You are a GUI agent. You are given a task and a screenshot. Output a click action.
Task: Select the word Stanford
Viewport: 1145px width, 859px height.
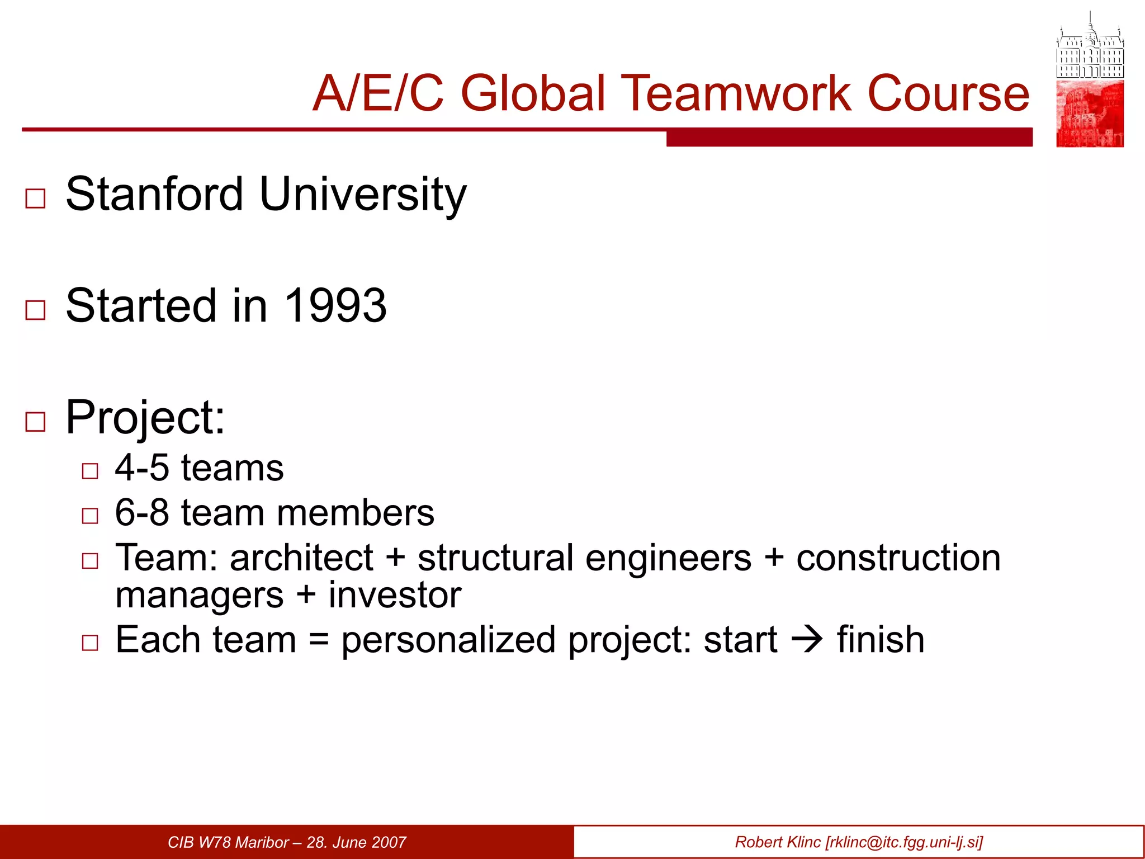click(x=154, y=194)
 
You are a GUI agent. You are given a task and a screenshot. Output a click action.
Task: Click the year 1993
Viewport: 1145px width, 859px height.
click(x=335, y=305)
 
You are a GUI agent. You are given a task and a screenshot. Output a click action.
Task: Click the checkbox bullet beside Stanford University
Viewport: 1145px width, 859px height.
click(x=35, y=199)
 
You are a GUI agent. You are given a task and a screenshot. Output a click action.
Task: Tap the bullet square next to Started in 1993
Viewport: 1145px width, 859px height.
click(x=35, y=310)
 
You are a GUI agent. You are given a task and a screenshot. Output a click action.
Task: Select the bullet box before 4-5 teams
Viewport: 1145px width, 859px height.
click(x=89, y=471)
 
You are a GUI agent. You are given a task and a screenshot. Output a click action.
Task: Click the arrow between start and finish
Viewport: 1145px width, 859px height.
click(x=807, y=639)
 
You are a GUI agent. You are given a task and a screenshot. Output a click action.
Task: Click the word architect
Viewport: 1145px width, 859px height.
click(x=301, y=558)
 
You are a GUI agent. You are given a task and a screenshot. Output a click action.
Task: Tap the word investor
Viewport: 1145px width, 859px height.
click(x=395, y=594)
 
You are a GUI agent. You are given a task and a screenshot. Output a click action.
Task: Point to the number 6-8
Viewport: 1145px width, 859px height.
click(x=141, y=512)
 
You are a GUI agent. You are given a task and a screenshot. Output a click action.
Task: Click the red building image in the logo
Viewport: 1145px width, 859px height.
click(x=1090, y=114)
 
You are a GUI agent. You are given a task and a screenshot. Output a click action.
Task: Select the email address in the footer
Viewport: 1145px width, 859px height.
click(x=903, y=842)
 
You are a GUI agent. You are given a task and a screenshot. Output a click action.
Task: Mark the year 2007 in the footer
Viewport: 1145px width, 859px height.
click(x=388, y=842)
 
